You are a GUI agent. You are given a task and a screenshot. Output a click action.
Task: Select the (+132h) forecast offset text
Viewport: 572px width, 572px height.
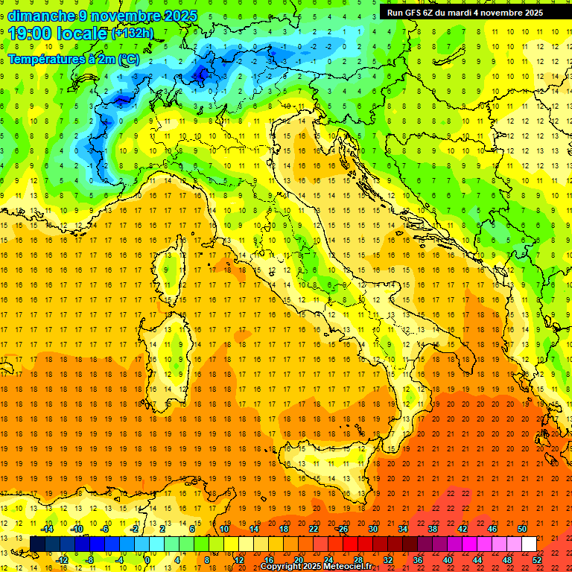tap(132, 33)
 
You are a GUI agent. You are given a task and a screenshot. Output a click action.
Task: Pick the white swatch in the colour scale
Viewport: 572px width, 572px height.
tap(529, 544)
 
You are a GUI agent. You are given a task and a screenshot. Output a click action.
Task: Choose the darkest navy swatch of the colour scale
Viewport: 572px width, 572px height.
tap(37, 544)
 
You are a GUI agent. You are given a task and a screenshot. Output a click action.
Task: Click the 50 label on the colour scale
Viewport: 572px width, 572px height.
tap(522, 529)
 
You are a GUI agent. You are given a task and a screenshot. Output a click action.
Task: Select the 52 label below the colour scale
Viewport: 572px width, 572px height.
tap(537, 560)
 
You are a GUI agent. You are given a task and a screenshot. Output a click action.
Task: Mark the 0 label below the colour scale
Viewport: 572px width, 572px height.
tap(147, 560)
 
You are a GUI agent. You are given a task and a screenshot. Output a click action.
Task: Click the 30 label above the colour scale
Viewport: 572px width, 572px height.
tap(372, 529)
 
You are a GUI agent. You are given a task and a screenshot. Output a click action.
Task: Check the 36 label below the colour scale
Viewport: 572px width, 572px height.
tap(418, 560)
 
